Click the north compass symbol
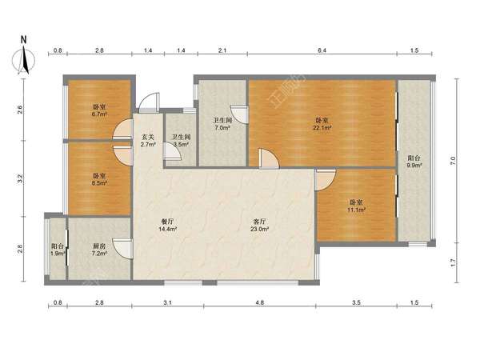(23, 56)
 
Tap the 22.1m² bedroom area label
(322, 124)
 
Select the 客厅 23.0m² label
(259, 225)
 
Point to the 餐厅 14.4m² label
(169, 225)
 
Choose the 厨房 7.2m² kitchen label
(99, 250)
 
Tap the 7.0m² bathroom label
(222, 124)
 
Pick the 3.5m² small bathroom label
(181, 141)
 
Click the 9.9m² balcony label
(414, 162)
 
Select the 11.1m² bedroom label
(356, 206)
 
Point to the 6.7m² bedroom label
(99, 111)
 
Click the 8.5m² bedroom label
(99, 179)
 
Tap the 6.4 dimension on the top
(322, 50)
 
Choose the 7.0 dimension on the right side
(453, 161)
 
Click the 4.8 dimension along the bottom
(259, 302)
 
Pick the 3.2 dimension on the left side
(20, 178)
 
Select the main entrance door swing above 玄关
(149, 102)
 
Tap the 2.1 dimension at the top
(222, 50)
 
